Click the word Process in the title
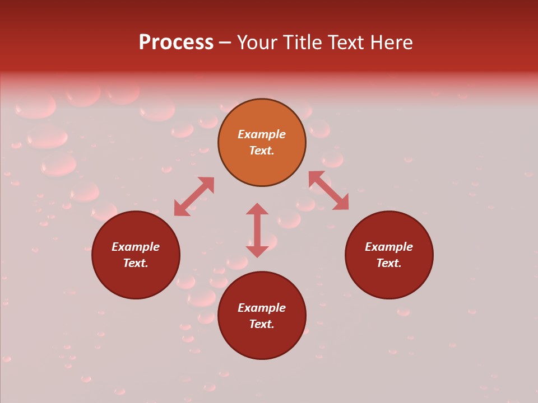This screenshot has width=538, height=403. tap(176, 43)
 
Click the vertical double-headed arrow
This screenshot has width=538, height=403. tap(257, 230)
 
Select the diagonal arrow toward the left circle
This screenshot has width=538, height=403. tap(194, 196)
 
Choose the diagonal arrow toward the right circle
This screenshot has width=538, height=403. tap(328, 190)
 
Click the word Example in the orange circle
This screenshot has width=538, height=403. tap(262, 134)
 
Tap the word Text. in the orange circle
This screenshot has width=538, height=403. tap(262, 151)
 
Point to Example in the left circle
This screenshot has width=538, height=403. tap(136, 247)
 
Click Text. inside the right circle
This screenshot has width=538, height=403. tap(389, 263)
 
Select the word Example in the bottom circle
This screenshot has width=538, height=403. tap(262, 308)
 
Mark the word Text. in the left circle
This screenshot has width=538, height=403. tap(136, 263)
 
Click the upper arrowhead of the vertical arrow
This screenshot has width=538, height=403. tap(257, 209)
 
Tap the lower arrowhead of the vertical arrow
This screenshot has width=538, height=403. tap(257, 251)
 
